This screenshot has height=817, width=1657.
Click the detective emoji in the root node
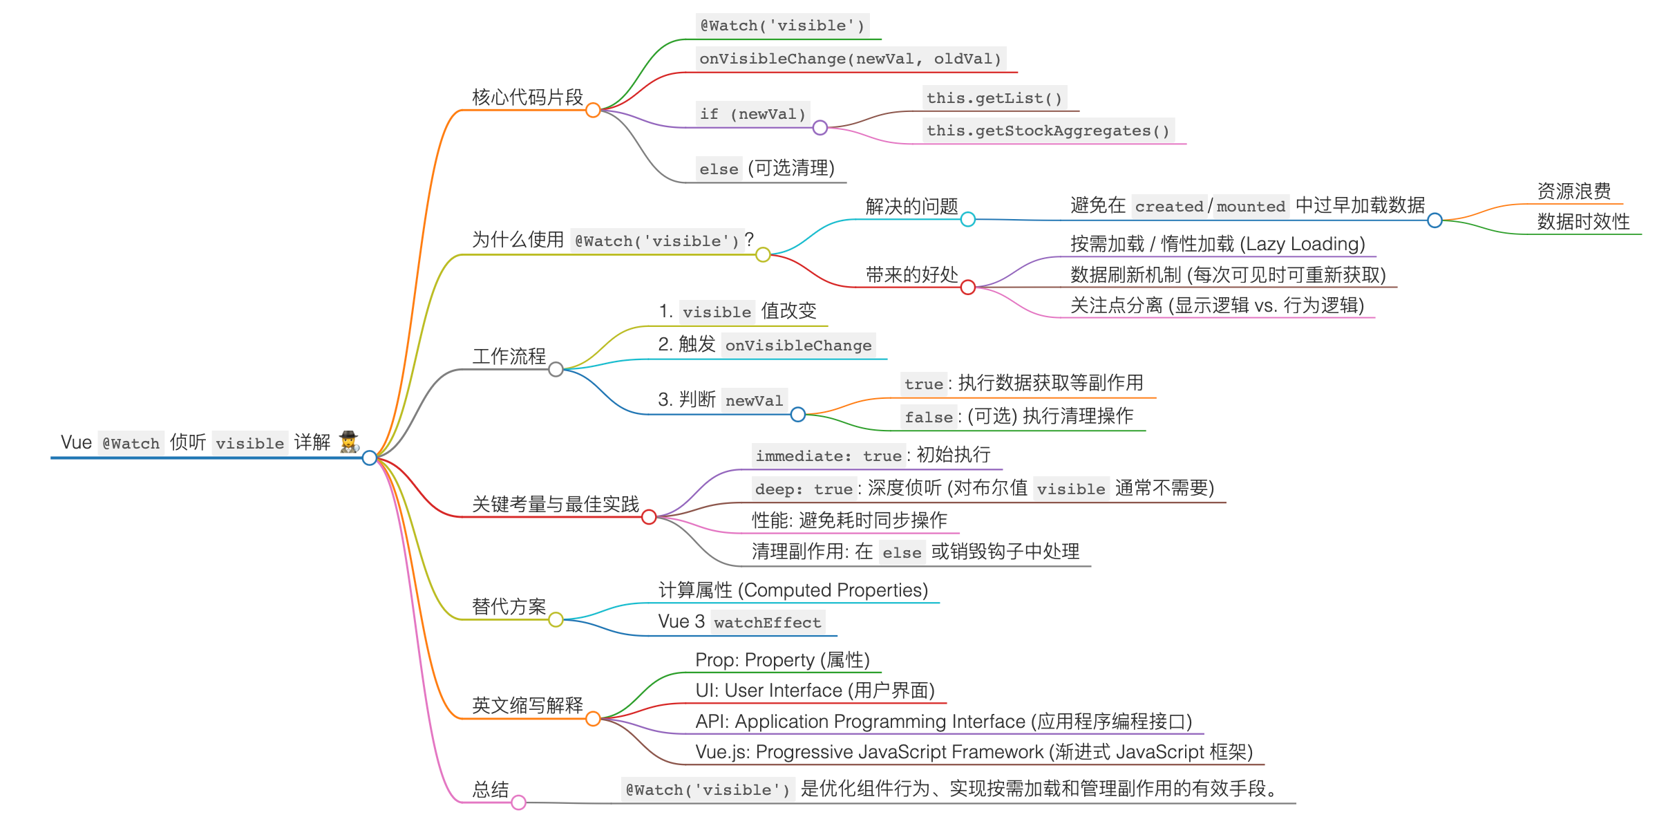tap(349, 442)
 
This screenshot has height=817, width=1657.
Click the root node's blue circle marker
tap(370, 458)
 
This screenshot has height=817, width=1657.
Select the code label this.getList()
tap(994, 98)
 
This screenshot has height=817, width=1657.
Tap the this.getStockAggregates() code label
tap(1048, 131)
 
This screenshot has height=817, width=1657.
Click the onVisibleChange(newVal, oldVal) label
tap(850, 59)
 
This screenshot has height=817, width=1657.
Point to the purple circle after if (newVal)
tap(820, 127)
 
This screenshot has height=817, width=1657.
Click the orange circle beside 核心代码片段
tap(593, 110)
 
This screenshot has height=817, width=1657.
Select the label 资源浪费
tap(1573, 191)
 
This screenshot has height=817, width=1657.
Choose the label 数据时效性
tap(1583, 221)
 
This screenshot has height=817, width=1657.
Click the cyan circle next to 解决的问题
tap(968, 219)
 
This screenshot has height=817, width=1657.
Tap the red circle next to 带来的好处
tap(968, 287)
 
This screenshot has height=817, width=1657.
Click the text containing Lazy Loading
tap(1218, 244)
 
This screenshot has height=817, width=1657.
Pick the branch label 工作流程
tap(509, 356)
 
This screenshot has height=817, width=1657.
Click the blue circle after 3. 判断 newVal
tap(798, 414)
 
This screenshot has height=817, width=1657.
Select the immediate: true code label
tap(828, 456)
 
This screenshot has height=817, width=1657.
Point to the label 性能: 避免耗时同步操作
tap(849, 520)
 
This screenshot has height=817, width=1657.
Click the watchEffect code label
tap(768, 622)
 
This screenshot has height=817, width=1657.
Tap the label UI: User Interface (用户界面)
tap(815, 690)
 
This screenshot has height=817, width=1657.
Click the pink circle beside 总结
tap(519, 802)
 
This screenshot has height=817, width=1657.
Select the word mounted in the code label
tap(1251, 206)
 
